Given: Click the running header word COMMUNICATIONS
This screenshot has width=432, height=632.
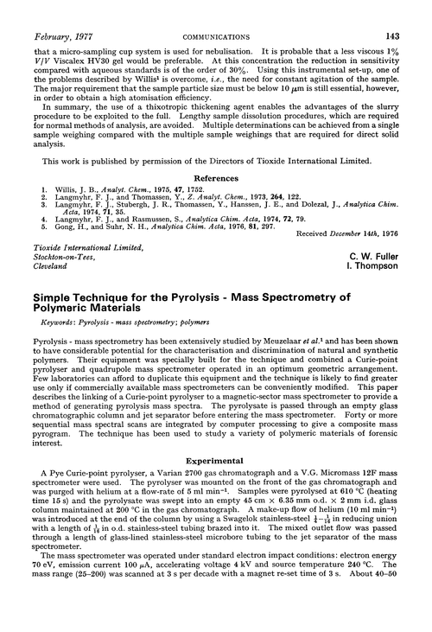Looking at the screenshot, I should (x=216, y=11).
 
